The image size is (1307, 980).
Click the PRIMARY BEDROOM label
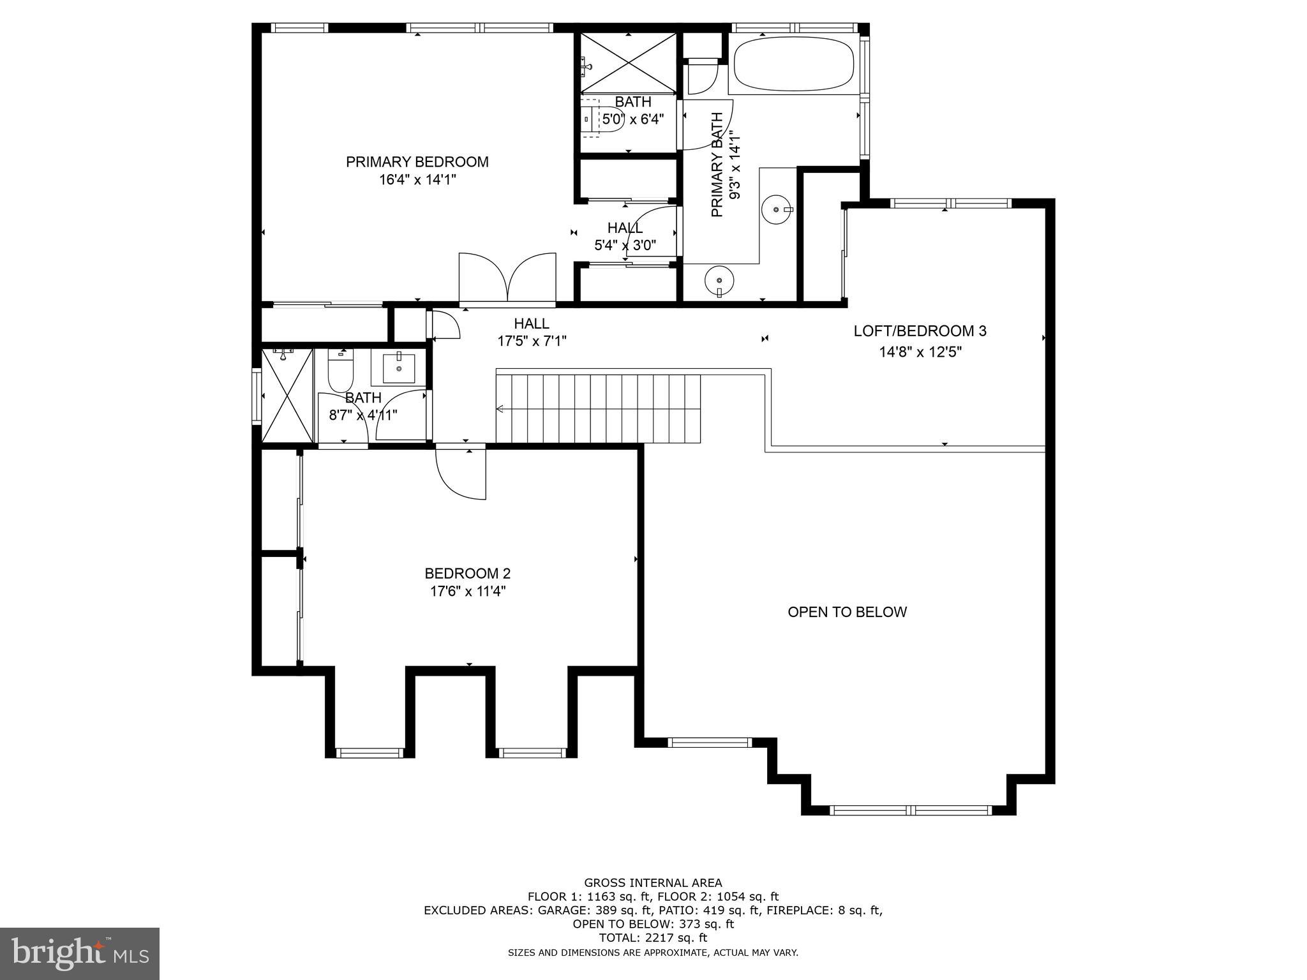417,162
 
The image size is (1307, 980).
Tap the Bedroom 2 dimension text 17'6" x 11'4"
467,591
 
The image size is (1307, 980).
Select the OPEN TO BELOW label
847,612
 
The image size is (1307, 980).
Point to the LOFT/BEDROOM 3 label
920,331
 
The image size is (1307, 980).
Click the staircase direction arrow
500,409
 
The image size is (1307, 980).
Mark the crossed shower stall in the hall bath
288,396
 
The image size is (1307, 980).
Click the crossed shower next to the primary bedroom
628,63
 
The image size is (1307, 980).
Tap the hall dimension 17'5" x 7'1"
532,341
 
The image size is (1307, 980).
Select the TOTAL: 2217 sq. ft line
653,938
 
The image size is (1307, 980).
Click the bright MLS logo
79,954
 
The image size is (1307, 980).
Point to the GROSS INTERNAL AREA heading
653,883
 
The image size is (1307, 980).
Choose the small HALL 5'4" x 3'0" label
625,237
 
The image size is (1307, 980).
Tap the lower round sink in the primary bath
719,280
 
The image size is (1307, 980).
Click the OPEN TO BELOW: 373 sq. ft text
653,924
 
